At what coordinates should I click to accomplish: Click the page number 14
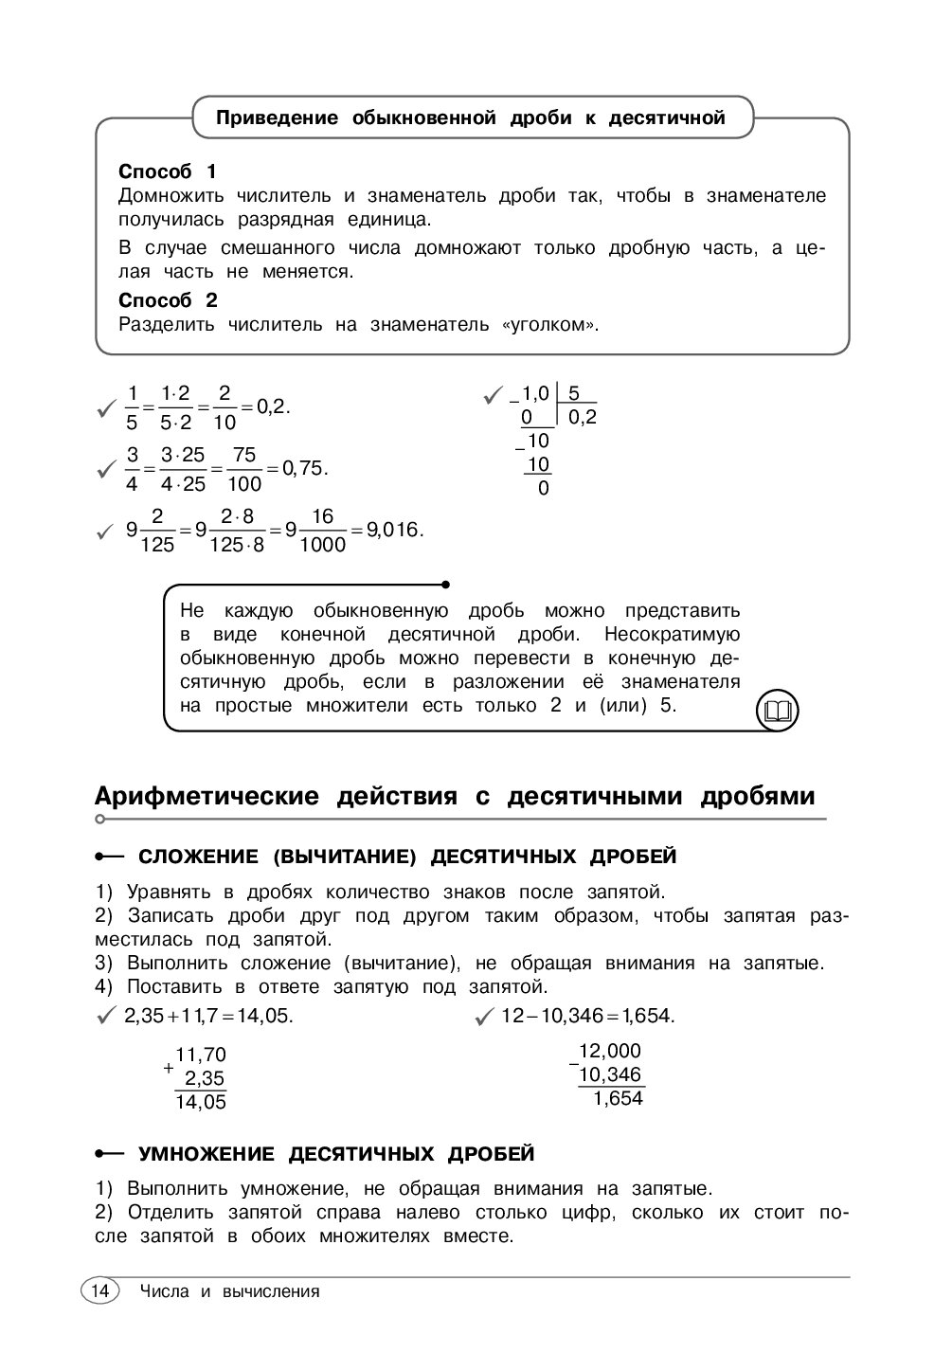click(99, 1290)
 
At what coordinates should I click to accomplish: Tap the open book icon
click(777, 710)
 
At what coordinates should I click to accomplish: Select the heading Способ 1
click(168, 171)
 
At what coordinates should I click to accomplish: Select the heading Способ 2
click(168, 300)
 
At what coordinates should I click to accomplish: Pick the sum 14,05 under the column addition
click(201, 1101)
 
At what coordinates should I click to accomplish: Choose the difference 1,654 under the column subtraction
click(618, 1098)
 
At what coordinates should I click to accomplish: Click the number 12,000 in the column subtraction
click(610, 1051)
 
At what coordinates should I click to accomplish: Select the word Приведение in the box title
click(278, 118)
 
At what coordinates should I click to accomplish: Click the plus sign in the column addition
click(168, 1068)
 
